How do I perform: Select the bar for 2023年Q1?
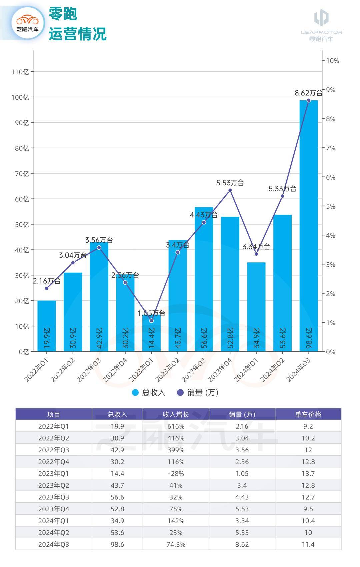click(x=151, y=333)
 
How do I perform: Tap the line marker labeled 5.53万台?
click(x=230, y=190)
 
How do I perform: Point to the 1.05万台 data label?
click(x=151, y=313)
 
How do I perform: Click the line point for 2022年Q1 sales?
click(x=47, y=288)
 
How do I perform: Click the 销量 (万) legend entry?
click(x=198, y=392)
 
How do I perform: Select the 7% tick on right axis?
click(x=330, y=148)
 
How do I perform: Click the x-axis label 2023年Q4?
click(x=220, y=370)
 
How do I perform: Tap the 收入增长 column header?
click(x=176, y=414)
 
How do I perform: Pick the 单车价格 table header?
click(x=308, y=414)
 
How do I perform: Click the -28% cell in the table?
click(x=176, y=473)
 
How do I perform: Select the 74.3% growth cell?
click(x=176, y=544)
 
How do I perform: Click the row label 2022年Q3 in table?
click(x=53, y=450)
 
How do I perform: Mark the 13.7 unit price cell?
click(x=308, y=473)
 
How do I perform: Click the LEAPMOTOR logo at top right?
click(x=321, y=25)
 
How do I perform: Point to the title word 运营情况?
click(x=77, y=34)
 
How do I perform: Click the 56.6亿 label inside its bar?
click(x=204, y=338)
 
